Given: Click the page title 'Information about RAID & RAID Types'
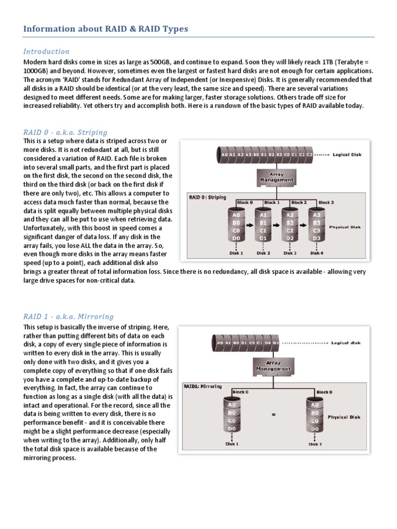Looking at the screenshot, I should click(105, 29).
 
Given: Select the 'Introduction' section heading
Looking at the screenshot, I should click(47, 52).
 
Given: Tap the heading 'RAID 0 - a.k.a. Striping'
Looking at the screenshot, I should click(65, 132).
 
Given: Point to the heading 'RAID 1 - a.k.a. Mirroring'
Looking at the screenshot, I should click(68, 317).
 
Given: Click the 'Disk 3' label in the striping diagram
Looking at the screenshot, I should click(290, 253).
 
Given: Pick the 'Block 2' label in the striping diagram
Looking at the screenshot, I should click(298, 203).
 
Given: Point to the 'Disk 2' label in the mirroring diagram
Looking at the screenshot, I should click(315, 444).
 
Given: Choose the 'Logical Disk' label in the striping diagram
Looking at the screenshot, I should click(347, 154).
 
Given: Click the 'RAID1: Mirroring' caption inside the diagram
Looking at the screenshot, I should click(203, 386).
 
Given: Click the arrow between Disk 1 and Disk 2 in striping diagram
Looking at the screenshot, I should click(250, 226).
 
